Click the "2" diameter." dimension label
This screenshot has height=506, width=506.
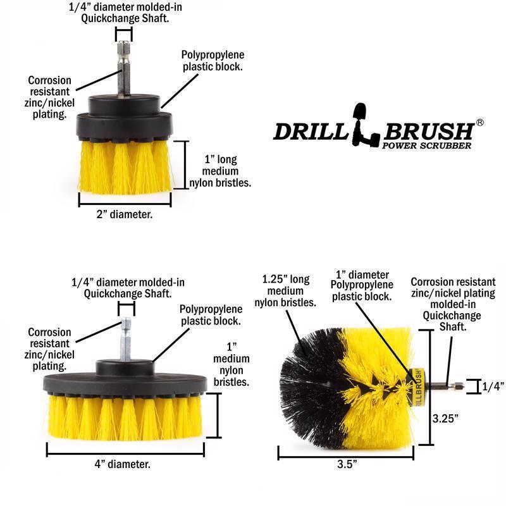pyautogui.click(x=124, y=214)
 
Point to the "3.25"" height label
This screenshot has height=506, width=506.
pyautogui.click(x=446, y=418)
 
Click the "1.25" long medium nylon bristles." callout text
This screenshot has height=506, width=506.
pyautogui.click(x=285, y=291)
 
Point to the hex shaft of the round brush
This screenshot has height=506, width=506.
pyautogui.click(x=443, y=386)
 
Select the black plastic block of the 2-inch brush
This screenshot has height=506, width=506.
pyautogui.click(x=124, y=114)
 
